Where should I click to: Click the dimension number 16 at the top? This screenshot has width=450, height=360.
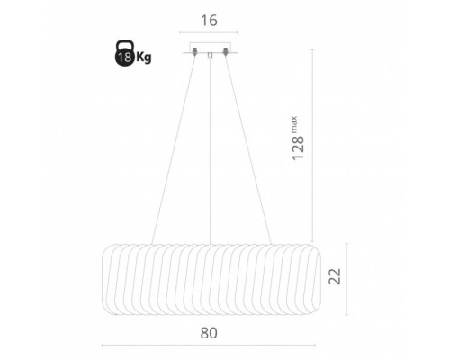pyautogui.click(x=209, y=21)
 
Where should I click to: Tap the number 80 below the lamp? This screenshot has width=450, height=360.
pyautogui.click(x=209, y=333)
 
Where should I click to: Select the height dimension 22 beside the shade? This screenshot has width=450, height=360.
pyautogui.click(x=335, y=276)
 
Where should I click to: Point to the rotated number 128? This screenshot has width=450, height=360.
pyautogui.click(x=298, y=148)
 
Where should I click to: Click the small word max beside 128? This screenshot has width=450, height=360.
pyautogui.click(x=293, y=123)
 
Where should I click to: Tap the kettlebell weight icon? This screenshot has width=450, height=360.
pyautogui.click(x=125, y=53)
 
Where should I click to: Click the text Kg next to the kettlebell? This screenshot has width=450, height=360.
pyautogui.click(x=144, y=57)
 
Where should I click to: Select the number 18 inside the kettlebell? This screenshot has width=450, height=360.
pyautogui.click(x=124, y=57)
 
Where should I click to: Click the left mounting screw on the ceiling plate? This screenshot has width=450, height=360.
pyautogui.click(x=195, y=51)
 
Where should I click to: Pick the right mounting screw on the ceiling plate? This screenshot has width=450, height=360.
pyautogui.click(x=225, y=51)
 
